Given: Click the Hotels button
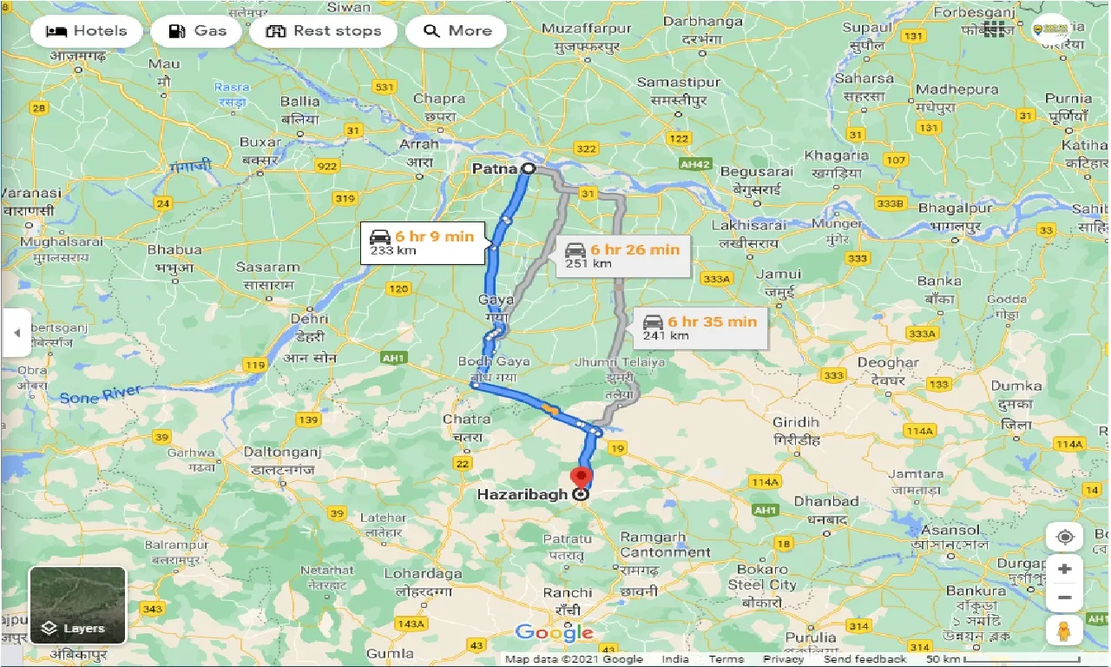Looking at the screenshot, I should (85, 31).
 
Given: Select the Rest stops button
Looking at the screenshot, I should (324, 31).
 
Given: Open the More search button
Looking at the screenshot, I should (457, 31).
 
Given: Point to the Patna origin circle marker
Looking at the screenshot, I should (528, 168).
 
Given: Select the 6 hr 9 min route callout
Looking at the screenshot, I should (423, 243).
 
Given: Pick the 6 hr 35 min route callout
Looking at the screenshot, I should (700, 327).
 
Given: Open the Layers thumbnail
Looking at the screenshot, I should (77, 605).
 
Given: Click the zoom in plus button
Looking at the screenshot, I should (1065, 569).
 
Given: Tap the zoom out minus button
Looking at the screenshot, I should (1065, 598).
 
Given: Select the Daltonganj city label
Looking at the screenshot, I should (281, 452).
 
